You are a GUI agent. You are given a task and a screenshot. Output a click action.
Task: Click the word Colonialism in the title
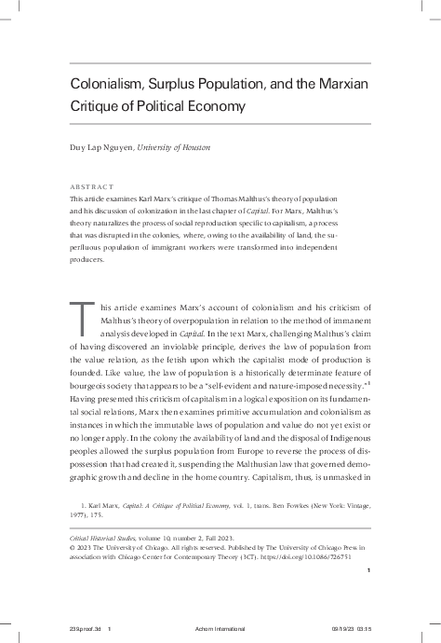point(107,84)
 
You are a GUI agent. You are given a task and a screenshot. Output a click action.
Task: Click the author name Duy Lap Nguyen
point(100,147)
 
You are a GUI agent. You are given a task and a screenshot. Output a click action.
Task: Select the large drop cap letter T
point(82,330)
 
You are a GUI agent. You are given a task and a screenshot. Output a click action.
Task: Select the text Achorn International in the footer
point(221,631)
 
